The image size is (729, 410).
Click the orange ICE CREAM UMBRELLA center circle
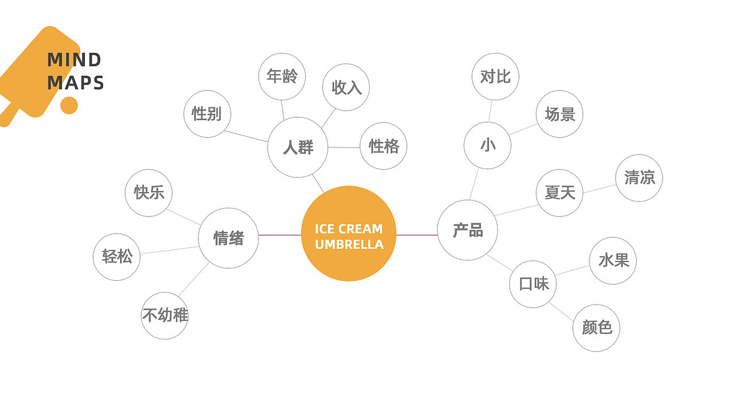[x=349, y=233]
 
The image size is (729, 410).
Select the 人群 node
[x=298, y=147]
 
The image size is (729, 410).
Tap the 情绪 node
[x=228, y=238]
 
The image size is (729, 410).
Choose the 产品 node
[x=468, y=230]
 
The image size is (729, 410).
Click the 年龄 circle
[x=282, y=76]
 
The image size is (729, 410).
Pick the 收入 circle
[x=346, y=87]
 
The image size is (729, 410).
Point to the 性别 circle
[x=207, y=114]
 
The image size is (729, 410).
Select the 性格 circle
[x=383, y=146]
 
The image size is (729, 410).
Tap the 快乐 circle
[x=149, y=192]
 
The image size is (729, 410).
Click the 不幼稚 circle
[x=165, y=315]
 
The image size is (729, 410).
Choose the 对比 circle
[x=495, y=76]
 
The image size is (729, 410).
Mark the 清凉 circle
[x=639, y=178]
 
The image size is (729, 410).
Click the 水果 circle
[x=613, y=261]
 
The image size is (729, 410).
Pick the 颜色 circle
[x=596, y=327]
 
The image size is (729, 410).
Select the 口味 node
[x=533, y=284]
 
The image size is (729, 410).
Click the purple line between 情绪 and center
[x=280, y=235]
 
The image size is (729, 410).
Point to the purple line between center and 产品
[x=417, y=235]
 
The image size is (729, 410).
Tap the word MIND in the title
[x=74, y=60]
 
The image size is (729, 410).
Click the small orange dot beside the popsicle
[x=69, y=105]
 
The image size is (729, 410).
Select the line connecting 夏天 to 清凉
[x=599, y=188]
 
